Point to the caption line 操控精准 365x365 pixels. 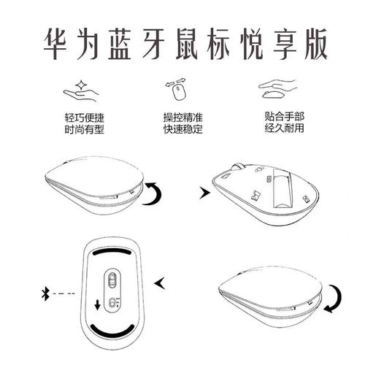click(x=182, y=118)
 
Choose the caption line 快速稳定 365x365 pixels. click(x=182, y=130)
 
